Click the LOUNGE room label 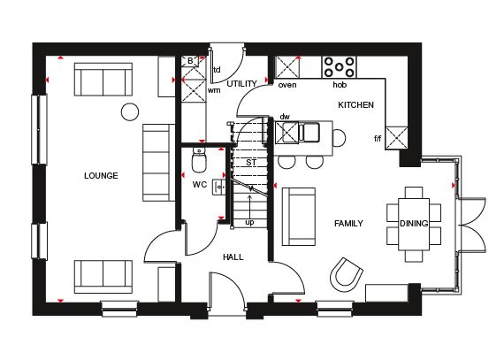coord(101,175)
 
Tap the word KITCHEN coord(355,104)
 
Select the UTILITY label coord(241,84)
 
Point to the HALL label coord(233,257)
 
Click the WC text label coord(200,185)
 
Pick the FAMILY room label coord(348,224)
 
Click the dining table coord(414,224)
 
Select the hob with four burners coord(340,67)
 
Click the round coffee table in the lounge coord(130,111)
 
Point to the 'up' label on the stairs coord(249,222)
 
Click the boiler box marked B coord(190,61)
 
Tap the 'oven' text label coord(287,85)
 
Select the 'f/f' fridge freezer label coord(378,139)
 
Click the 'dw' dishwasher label coord(285,117)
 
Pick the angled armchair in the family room coord(347,274)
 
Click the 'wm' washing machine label coord(214,90)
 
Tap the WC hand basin coord(218,187)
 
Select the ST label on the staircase coord(251,163)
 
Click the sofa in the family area coord(298,217)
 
